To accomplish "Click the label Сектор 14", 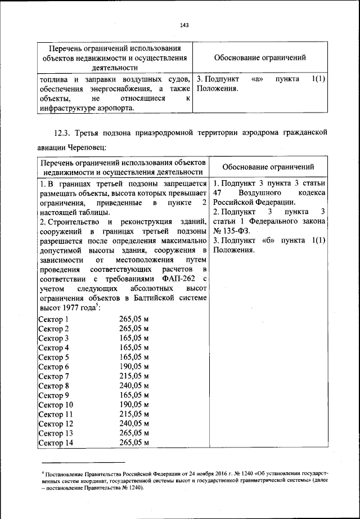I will pos(55,443).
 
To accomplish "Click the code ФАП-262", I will pos(179,278).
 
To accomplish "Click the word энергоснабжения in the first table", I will pos(103,88).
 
